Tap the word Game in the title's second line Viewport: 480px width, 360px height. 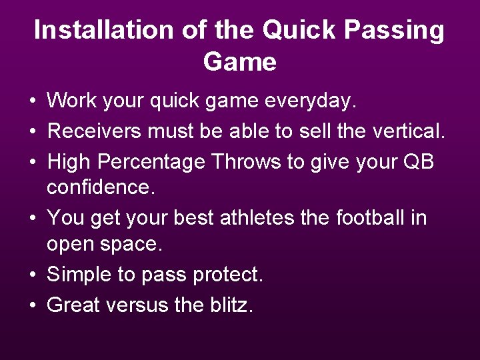(239, 62)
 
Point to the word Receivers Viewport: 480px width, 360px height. (95, 131)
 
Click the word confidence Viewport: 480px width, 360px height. (101, 188)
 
